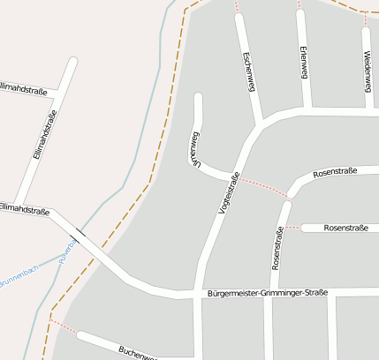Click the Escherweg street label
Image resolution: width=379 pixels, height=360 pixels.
(x=249, y=70)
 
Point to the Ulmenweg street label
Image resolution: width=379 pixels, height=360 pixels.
(x=192, y=147)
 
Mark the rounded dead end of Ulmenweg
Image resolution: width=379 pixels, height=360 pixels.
(x=198, y=97)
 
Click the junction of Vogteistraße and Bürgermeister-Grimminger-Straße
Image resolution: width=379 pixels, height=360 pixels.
(x=201, y=292)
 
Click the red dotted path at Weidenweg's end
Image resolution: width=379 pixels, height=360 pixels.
(x=365, y=19)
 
